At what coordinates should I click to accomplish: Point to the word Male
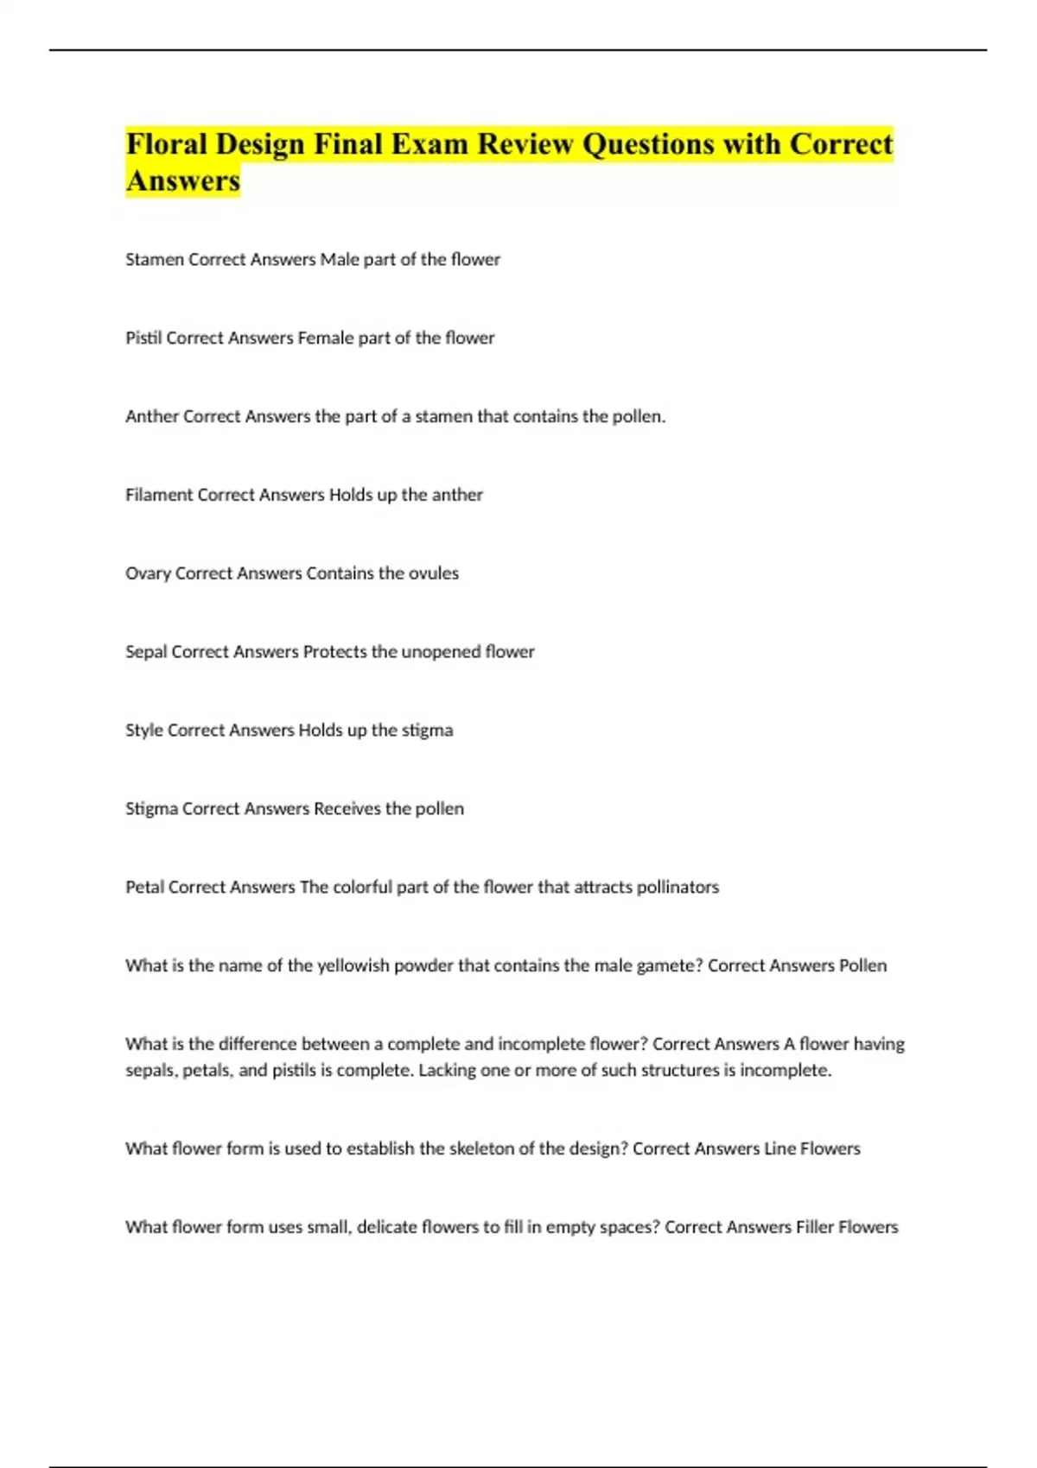340,259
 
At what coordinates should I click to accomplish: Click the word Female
326,338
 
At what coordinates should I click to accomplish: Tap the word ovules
433,573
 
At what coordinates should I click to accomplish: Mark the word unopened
441,652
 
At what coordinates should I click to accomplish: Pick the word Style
144,731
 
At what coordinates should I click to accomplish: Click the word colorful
363,887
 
